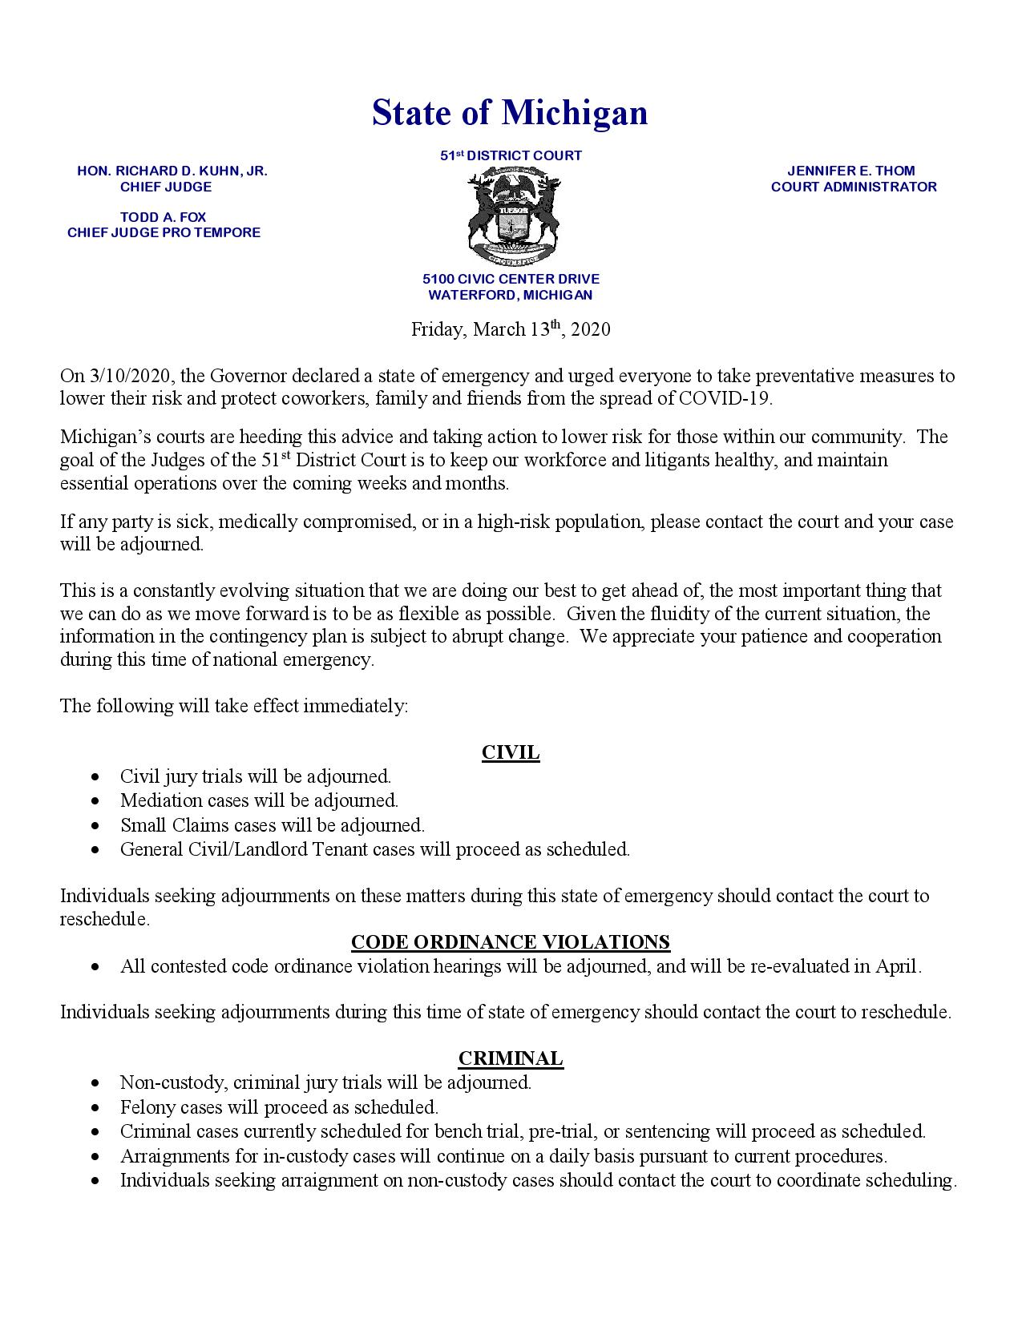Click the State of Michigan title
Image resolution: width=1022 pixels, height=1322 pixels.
pos(510,113)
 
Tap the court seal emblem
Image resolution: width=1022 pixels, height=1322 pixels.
pos(511,217)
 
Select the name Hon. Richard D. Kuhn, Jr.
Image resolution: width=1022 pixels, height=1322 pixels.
pos(172,171)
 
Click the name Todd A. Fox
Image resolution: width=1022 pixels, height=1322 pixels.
pos(164,217)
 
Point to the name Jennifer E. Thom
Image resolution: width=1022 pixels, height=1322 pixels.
pos(850,171)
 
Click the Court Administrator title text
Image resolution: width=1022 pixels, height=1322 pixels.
pos(854,187)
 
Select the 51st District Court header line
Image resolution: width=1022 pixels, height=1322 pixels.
pos(511,155)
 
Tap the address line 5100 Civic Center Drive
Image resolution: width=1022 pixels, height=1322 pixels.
pos(511,279)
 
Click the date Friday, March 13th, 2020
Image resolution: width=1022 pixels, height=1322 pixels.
pos(511,329)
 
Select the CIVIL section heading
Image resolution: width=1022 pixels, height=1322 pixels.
pos(511,752)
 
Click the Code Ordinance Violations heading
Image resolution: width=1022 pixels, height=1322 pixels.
pos(511,941)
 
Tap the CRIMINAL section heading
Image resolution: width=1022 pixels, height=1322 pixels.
pos(511,1058)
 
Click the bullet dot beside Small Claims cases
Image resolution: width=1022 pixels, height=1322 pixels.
pos(96,825)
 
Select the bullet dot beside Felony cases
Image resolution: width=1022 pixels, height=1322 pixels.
pos(96,1108)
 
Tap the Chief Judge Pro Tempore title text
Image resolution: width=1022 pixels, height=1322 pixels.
pos(164,232)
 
